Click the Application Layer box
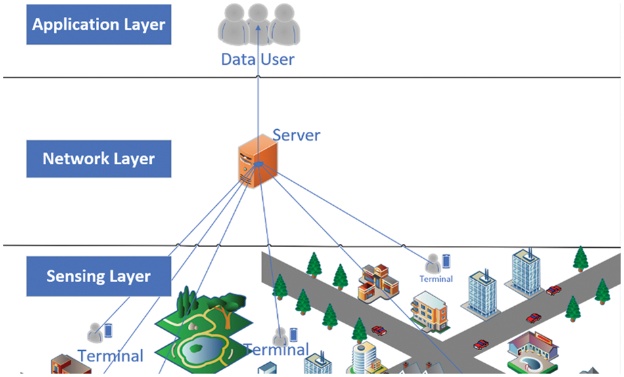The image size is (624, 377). pyautogui.click(x=99, y=25)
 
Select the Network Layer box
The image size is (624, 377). pyautogui.click(x=99, y=159)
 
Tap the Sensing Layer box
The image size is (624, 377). pyautogui.click(x=99, y=276)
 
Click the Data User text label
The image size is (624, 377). pyautogui.click(x=257, y=60)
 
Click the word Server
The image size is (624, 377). pyautogui.click(x=296, y=136)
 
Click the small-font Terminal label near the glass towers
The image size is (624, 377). pyautogui.click(x=436, y=279)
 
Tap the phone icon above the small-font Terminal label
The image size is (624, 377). pyautogui.click(x=447, y=260)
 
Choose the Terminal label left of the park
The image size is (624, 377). pyautogui.click(x=110, y=356)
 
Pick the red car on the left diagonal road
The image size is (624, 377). pyautogui.click(x=379, y=330)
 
